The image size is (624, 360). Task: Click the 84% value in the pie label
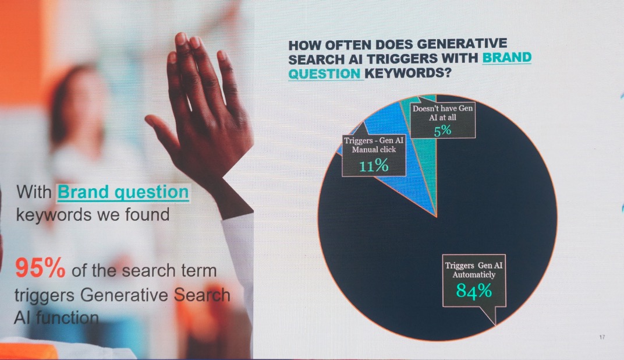pos(474,291)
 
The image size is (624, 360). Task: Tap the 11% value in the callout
pos(374,165)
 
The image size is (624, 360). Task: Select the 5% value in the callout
pos(442,130)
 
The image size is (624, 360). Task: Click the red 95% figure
pos(40,268)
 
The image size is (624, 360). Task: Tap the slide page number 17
pos(602,337)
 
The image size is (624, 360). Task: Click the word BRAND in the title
pos(506,58)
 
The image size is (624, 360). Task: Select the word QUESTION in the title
pos(324,73)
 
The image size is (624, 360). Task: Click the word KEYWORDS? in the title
pos(408,73)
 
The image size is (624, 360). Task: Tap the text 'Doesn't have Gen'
pos(442,108)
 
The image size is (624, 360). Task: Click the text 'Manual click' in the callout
pos(374,150)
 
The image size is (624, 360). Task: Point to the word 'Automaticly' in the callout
pos(474,275)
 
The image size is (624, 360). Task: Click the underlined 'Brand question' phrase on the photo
pos(123,192)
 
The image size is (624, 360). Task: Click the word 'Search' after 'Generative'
pos(202,295)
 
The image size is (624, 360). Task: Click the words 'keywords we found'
pos(93,215)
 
